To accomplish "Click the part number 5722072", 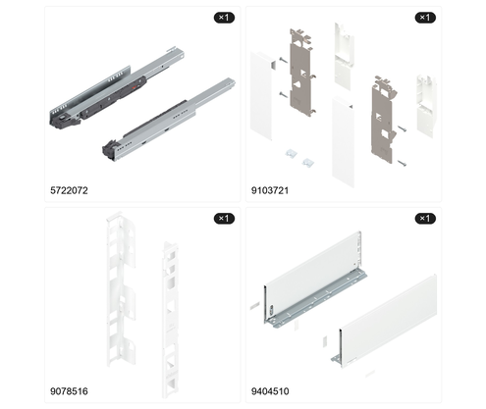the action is pyautogui.click(x=69, y=190).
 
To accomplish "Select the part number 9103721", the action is pyautogui.click(x=270, y=190).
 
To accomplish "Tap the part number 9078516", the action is pyautogui.click(x=69, y=391).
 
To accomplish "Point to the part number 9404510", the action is pyautogui.click(x=270, y=391).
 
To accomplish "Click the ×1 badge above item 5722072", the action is pyautogui.click(x=224, y=18).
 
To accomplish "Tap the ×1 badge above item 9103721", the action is pyautogui.click(x=425, y=18).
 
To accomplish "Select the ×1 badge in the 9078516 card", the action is pyautogui.click(x=224, y=219).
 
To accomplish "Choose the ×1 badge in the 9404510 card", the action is pyautogui.click(x=425, y=219).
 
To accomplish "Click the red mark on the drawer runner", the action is pyautogui.click(x=134, y=88).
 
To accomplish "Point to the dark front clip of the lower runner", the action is pyautogui.click(x=110, y=149).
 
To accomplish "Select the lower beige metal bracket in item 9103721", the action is pyautogui.click(x=383, y=120).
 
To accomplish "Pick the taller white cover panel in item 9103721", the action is pyautogui.click(x=343, y=142).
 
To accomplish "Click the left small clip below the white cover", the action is pyautogui.click(x=292, y=153).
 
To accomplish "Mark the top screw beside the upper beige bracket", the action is pyautogui.click(x=284, y=60).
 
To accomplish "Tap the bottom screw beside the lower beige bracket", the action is pyautogui.click(x=403, y=163).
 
